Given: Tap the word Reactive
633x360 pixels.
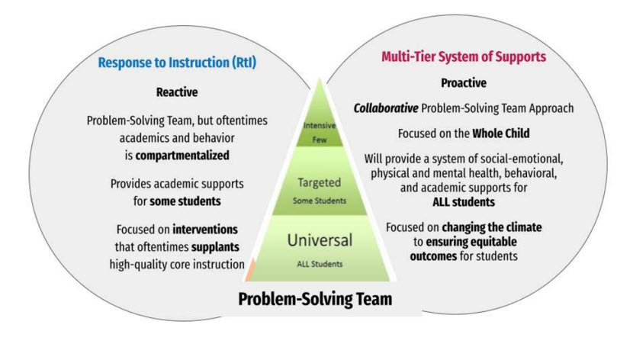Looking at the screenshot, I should pos(176,92).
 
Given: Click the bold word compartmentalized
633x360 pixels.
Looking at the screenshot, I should pos(182,156).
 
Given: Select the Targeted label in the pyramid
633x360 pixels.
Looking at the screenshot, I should pos(320,183).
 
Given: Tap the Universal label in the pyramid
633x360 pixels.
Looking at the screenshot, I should pos(320,240).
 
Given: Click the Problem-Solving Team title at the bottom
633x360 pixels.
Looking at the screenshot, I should pos(315,298).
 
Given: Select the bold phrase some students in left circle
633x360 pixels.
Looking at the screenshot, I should pos(192,202).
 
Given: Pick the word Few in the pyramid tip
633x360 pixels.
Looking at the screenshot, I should pos(320,141).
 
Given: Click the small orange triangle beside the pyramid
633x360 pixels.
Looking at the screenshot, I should pos(249,266).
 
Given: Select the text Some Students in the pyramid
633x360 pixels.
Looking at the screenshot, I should pos(320,201).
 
